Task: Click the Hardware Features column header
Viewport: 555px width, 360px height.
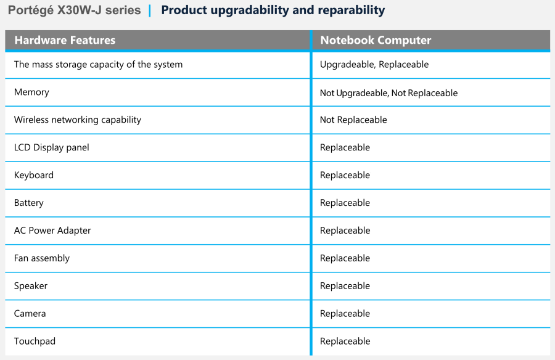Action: [x=65, y=40]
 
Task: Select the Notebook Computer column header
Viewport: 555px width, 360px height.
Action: [x=376, y=40]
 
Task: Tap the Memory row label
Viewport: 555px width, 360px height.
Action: [x=31, y=92]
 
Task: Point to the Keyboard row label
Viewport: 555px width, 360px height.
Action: [x=34, y=175]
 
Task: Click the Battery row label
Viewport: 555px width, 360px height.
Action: [x=28, y=203]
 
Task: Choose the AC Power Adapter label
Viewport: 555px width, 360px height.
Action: [x=52, y=231]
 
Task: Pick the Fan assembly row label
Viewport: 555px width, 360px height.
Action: [x=42, y=258]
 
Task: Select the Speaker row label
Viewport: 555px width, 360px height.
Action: [x=30, y=285]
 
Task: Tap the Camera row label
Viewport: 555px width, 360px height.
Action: [x=30, y=313]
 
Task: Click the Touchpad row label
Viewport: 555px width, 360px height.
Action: [x=35, y=342]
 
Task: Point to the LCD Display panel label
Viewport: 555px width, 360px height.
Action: [x=51, y=147]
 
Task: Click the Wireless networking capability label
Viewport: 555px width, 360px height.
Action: [x=78, y=120]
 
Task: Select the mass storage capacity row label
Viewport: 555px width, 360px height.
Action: [x=99, y=65]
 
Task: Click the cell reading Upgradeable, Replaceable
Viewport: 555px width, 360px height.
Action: [x=374, y=65]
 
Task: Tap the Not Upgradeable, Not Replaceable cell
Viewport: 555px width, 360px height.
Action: [x=388, y=92]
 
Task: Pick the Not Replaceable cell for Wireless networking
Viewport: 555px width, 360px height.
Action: [x=353, y=120]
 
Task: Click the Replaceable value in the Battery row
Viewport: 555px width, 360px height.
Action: [x=345, y=203]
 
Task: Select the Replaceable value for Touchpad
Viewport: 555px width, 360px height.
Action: [x=345, y=342]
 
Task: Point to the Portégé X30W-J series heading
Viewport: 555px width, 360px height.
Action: [x=75, y=10]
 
